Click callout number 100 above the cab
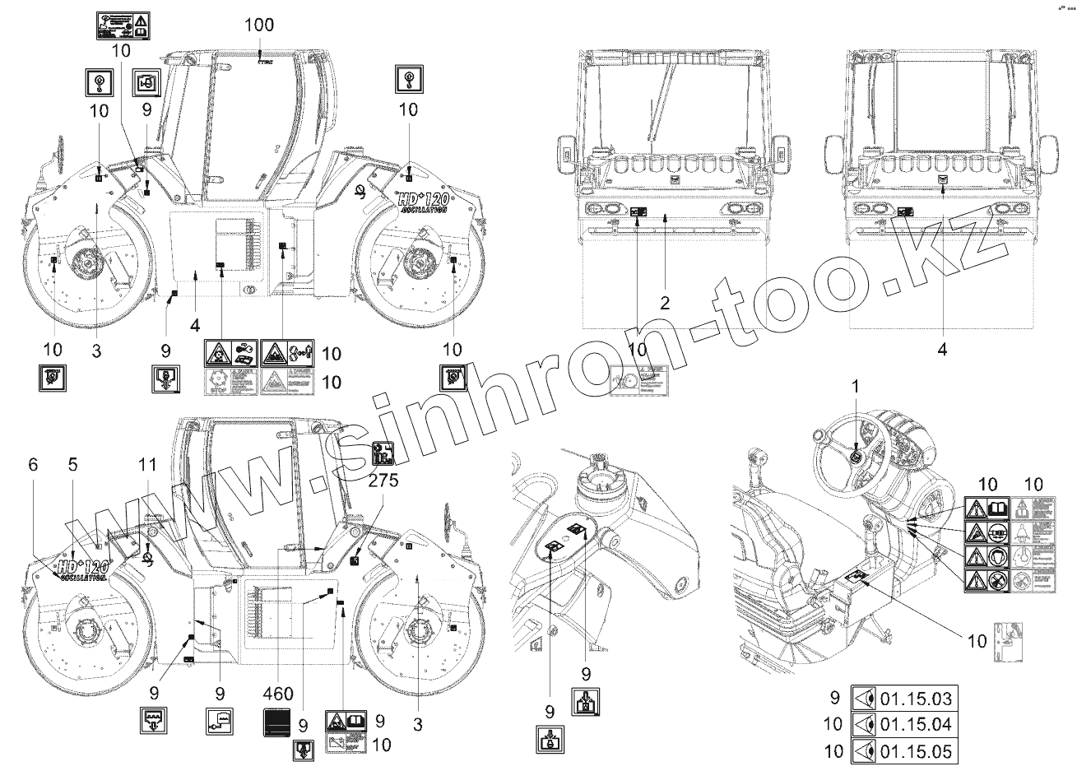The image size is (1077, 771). click(x=258, y=26)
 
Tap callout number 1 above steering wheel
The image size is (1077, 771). click(x=855, y=385)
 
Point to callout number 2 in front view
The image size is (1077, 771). click(x=665, y=302)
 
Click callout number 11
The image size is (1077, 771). click(x=33, y=464)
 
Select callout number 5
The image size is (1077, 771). click(x=72, y=464)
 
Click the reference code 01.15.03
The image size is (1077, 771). click(x=916, y=699)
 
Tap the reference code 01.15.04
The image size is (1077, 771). click(x=916, y=724)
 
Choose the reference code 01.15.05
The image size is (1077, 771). click(x=916, y=750)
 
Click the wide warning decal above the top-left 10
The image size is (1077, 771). click(x=119, y=26)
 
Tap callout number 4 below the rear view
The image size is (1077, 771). click(x=942, y=350)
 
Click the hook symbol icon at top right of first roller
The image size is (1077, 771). click(x=407, y=79)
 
